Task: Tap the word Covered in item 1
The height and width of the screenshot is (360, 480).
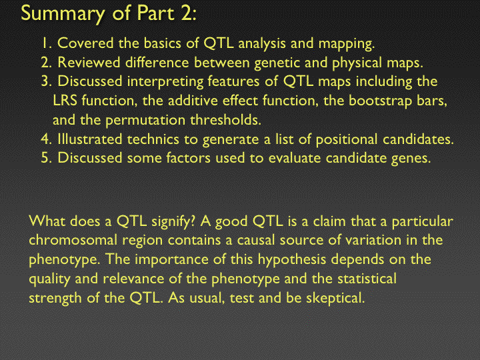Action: pos(85,43)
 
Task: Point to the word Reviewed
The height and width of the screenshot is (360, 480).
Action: pos(89,63)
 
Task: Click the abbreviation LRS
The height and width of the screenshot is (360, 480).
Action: pos(65,101)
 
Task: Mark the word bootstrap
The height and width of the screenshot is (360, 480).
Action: pos(378,101)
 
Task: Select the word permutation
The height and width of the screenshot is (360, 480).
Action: pos(145,120)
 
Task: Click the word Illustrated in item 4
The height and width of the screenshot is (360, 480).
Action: pos(90,139)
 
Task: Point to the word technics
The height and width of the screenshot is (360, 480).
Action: pos(153,139)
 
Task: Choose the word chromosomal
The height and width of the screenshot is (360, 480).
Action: pos(73,240)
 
